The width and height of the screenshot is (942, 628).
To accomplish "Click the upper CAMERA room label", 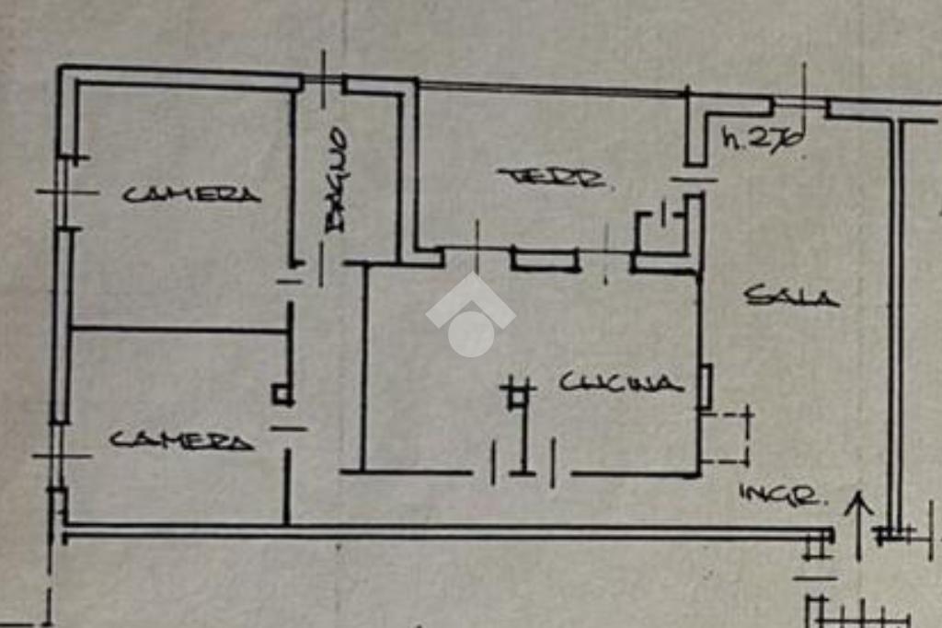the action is pyautogui.click(x=192, y=194).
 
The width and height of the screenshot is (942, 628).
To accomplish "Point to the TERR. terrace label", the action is pyautogui.click(x=552, y=177).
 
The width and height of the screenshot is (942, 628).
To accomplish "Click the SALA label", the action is pyautogui.click(x=791, y=297).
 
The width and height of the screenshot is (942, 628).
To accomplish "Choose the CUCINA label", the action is pyautogui.click(x=622, y=383).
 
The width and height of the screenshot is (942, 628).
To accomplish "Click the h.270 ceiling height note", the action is pyautogui.click(x=763, y=140).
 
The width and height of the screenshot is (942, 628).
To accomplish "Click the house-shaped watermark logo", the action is pyautogui.click(x=470, y=314).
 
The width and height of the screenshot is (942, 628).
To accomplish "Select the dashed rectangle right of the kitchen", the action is pyautogui.click(x=726, y=438).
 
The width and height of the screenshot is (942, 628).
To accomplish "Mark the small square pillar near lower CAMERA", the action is pyautogui.click(x=282, y=395).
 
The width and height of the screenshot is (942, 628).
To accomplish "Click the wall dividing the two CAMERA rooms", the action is pyautogui.click(x=179, y=328).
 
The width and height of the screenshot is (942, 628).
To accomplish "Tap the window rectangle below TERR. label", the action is pyautogui.click(x=545, y=260).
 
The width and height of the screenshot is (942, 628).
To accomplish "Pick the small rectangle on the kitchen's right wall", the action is pyautogui.click(x=706, y=387).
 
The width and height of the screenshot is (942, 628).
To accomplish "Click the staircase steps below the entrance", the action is pyautogui.click(x=856, y=611).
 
